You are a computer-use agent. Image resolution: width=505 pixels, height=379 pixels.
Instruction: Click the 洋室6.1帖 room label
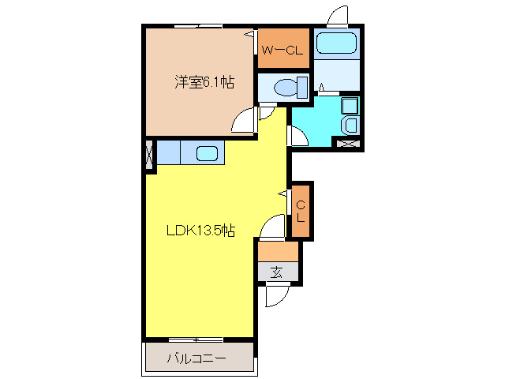pos(204,81)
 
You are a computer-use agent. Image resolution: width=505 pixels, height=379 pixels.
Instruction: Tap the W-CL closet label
pos(282,52)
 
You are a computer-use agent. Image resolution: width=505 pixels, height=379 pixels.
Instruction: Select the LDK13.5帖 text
pos(200,231)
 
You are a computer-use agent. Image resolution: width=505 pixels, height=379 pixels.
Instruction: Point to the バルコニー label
pos(196,358)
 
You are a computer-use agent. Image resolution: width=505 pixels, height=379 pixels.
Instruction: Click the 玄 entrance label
pos(277,272)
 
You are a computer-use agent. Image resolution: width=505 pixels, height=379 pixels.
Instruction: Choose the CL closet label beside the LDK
pos(301,210)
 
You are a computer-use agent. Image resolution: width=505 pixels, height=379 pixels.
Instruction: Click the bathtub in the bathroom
pos(337,44)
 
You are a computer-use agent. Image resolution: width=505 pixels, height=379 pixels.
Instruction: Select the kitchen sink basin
pos(208,152)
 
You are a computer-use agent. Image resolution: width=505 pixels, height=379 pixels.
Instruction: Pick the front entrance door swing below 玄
pos(275,296)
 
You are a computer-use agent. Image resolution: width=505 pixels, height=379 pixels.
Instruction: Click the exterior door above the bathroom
pos(337,16)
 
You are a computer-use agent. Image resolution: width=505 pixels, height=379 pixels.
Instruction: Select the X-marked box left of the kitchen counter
pos(150,155)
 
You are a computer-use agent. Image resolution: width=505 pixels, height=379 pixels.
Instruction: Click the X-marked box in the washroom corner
pos(348,143)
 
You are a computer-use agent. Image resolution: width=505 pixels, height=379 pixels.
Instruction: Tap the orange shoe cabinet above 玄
pos(279,251)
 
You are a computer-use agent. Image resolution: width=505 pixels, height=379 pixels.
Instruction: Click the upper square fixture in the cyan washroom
pos(350,105)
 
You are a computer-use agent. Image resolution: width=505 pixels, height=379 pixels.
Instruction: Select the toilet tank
pos(303,86)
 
